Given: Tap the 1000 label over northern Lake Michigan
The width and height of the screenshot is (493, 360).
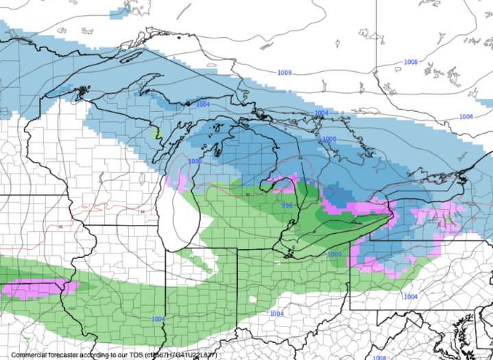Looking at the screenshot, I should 195,161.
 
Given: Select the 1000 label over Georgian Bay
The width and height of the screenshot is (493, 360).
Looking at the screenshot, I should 329,139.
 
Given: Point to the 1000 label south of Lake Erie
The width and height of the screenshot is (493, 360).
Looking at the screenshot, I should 334,254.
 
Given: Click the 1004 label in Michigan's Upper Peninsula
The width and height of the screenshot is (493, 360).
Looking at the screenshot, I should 202,104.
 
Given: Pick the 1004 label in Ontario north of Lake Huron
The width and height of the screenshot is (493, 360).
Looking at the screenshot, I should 321,113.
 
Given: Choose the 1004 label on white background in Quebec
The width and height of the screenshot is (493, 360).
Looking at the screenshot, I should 466,117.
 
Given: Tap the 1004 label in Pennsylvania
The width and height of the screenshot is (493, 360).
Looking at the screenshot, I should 410,296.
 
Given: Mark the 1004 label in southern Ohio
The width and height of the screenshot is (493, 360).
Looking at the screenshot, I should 276,313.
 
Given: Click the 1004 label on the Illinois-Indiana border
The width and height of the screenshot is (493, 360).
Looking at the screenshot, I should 158,319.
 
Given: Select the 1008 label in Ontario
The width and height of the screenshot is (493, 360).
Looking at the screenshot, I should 285,72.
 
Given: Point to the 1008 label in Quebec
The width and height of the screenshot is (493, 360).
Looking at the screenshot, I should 410,62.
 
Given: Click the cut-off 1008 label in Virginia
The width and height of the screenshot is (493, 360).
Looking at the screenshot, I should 379,357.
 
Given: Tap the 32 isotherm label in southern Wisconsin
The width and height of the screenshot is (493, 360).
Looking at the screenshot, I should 142,212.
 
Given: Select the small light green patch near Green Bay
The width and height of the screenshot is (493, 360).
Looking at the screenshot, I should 156,131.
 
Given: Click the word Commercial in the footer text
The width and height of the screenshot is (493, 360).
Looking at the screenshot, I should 31,355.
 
